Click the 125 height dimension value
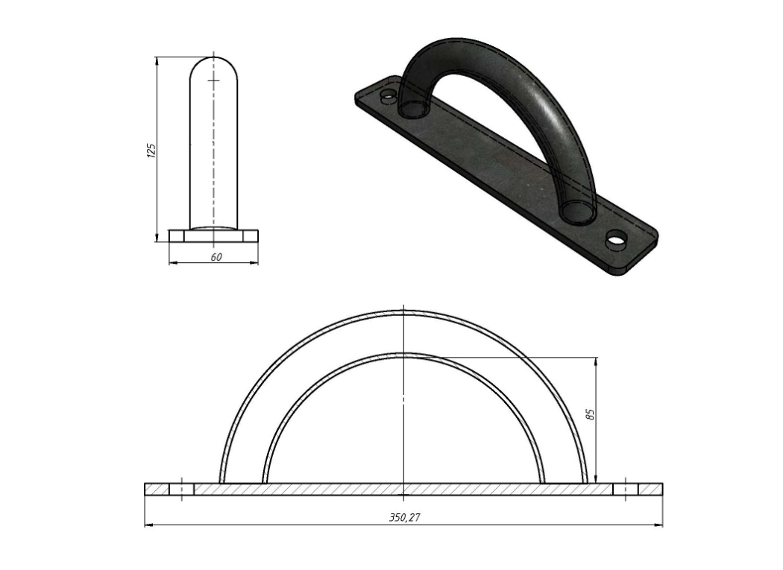point(152,151)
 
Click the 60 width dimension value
point(216,257)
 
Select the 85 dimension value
point(591,414)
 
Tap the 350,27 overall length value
point(404,518)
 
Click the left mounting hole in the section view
point(181,489)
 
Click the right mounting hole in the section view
point(626,489)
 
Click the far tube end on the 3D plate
point(414,108)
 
